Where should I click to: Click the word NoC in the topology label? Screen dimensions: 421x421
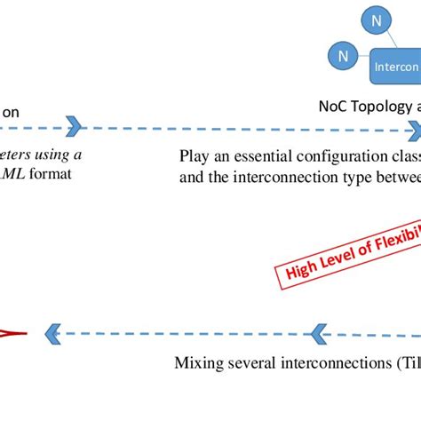tap(333, 107)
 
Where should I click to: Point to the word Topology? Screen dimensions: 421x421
tap(380, 107)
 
